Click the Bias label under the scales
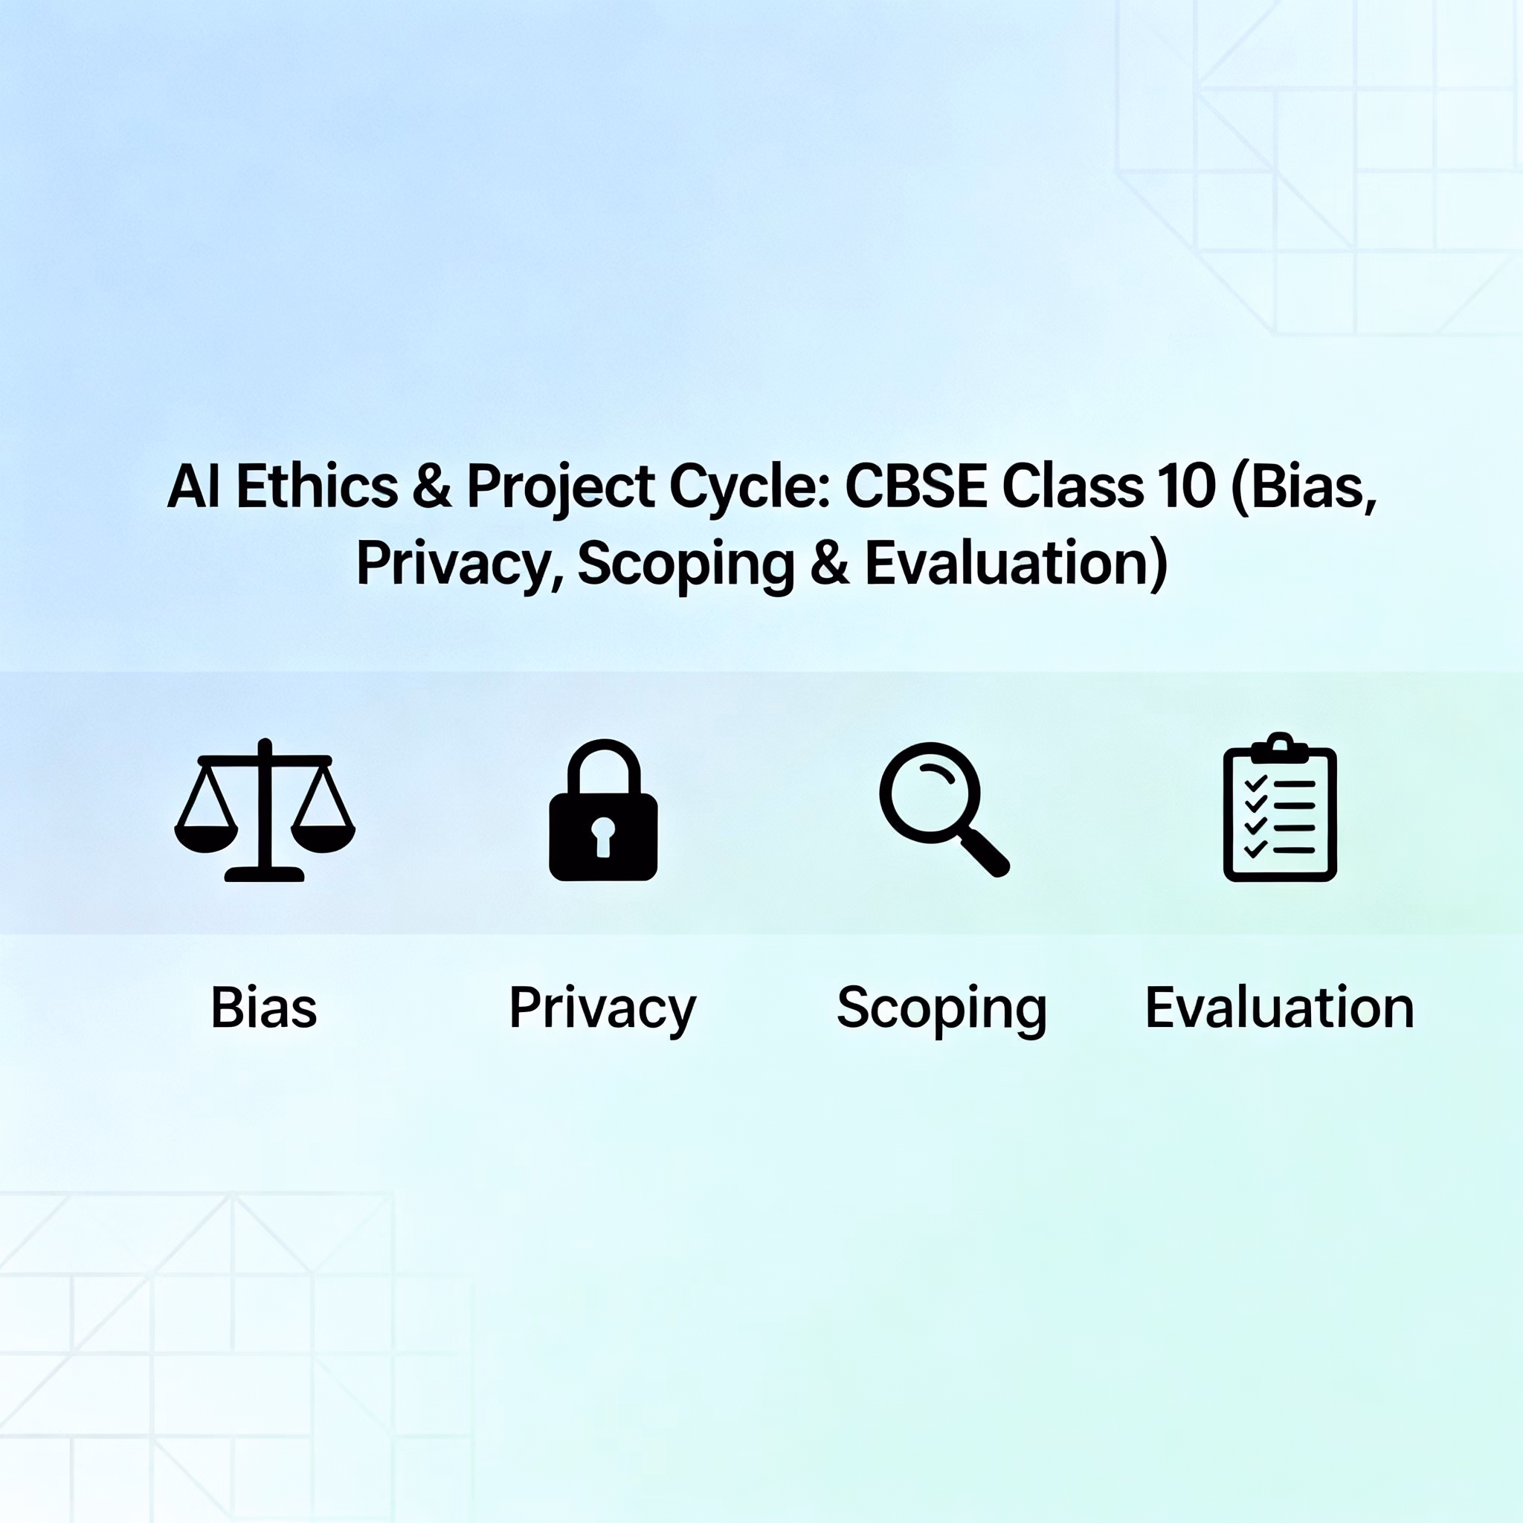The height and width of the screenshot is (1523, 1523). click(x=264, y=1008)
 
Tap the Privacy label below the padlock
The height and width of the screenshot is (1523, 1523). click(x=603, y=1010)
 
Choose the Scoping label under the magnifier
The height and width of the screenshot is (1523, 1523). click(x=942, y=1010)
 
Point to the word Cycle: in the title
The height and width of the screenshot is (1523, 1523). click(x=750, y=490)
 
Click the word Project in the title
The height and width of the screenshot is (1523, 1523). click(x=561, y=490)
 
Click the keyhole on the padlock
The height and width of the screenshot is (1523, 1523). click(x=603, y=836)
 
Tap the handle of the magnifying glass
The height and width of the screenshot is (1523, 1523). click(x=984, y=851)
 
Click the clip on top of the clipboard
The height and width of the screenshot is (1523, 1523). click(x=1279, y=747)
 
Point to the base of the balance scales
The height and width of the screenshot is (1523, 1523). click(x=265, y=874)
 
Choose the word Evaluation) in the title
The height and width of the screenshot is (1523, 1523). click(x=1016, y=565)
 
